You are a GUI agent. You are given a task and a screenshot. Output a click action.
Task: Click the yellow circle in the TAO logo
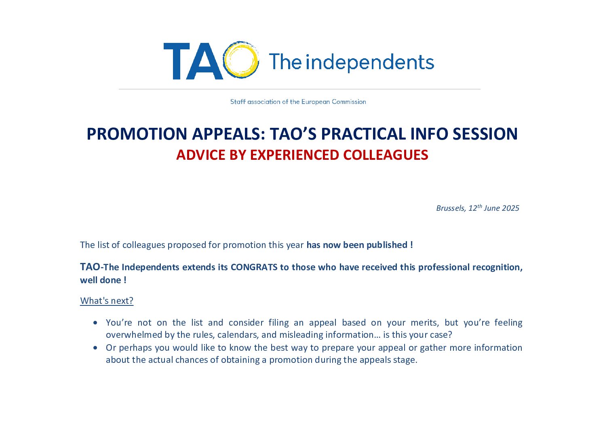[226, 60]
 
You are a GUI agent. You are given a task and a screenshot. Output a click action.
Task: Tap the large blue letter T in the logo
[177, 61]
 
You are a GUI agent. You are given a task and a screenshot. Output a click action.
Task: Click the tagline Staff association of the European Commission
[298, 102]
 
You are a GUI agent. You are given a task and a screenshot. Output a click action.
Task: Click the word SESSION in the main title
[485, 134]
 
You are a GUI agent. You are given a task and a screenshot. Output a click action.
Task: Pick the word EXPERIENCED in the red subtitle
[294, 155]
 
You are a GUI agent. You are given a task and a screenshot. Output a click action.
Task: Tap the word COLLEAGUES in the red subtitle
[386, 155]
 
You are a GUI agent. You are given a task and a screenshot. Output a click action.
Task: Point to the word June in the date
[492, 208]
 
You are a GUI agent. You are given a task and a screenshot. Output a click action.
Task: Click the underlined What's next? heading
[107, 301]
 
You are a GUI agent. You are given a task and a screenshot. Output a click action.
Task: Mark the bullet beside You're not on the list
[95, 322]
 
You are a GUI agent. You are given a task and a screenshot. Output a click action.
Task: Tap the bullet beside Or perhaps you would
[95, 347]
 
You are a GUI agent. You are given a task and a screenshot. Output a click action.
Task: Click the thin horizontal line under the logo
[299, 89]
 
